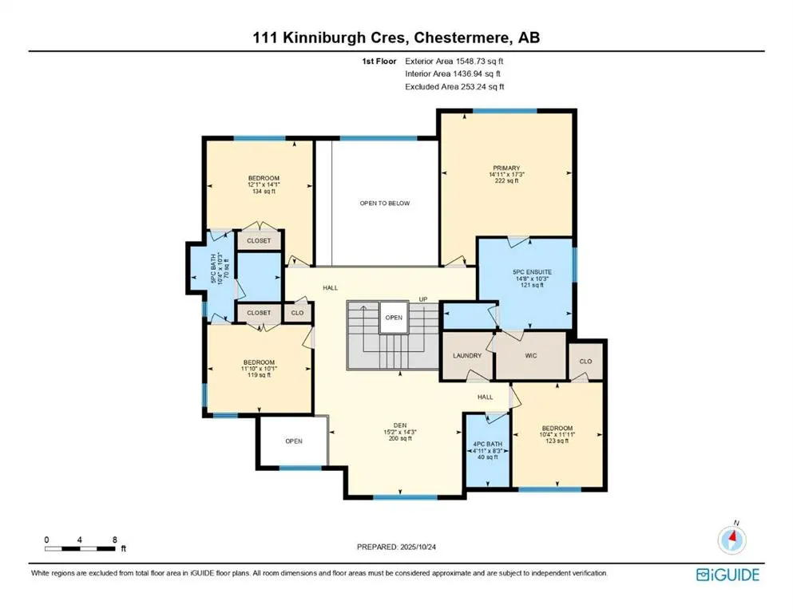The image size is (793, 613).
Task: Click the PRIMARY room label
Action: [506, 168]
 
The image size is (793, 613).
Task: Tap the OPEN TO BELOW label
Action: [384, 204]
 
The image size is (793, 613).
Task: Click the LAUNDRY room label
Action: [466, 355]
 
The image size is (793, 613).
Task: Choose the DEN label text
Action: [389, 425]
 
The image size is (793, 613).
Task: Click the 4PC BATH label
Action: [487, 444]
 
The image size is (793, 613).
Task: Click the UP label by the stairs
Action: [424, 299]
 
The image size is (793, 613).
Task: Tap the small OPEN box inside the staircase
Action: [394, 317]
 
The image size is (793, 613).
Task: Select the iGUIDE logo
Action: [727, 574]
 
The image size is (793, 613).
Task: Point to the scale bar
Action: [81, 548]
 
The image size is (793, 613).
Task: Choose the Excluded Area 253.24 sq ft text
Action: [454, 86]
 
